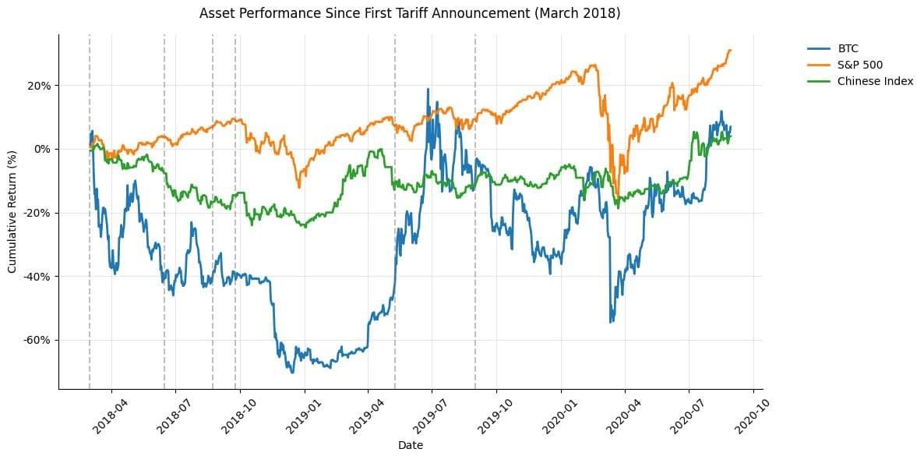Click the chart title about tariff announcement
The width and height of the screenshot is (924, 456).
pyautogui.click(x=410, y=13)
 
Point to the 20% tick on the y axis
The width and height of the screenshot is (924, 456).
pyautogui.click(x=39, y=85)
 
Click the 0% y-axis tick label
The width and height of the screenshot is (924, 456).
pyautogui.click(x=42, y=149)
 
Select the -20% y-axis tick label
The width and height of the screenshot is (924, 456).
pyautogui.click(x=37, y=213)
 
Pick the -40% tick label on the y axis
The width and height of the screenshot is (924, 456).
pyautogui.click(x=37, y=277)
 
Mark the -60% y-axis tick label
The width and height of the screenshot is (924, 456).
pyautogui.click(x=37, y=341)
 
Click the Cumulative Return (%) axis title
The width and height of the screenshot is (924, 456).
pyautogui.click(x=12, y=211)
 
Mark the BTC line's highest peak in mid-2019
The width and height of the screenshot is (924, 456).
pyautogui.click(x=428, y=89)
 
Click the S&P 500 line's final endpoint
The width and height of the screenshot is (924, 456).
pyautogui.click(x=731, y=50)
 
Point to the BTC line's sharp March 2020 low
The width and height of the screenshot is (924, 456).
pyautogui.click(x=611, y=322)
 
